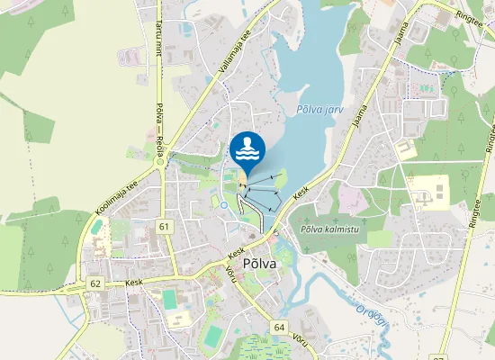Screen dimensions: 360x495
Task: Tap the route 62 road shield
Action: [95, 283]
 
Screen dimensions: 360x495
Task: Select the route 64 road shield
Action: [279, 328]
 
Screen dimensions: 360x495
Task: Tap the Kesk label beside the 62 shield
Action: [134, 282]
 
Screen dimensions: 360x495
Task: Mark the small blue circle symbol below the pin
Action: [224, 204]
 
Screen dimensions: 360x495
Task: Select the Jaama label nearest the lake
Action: [361, 122]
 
